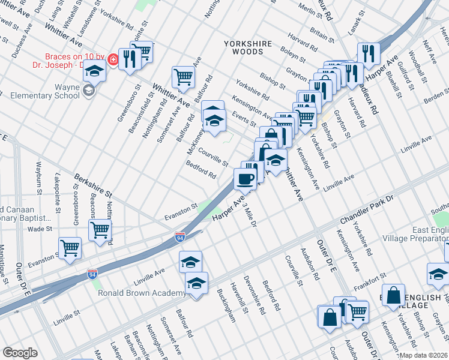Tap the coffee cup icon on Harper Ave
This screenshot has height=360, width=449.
245,178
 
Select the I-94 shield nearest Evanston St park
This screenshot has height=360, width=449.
180,237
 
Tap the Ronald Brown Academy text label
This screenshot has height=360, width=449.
142,293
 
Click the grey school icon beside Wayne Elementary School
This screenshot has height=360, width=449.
89,91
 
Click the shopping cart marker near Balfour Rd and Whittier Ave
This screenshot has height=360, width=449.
183,77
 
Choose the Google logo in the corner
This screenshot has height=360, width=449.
20,353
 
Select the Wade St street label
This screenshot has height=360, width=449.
40,229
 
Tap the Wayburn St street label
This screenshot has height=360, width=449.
38,175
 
